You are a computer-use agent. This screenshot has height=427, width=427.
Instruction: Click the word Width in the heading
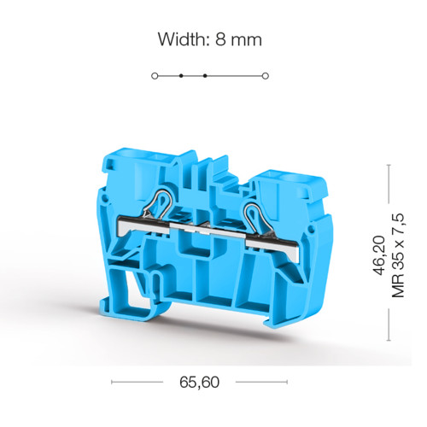coord(180,39)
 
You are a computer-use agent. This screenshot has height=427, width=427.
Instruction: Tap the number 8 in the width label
coord(220,39)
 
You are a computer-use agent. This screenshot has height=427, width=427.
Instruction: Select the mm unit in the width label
coord(246,41)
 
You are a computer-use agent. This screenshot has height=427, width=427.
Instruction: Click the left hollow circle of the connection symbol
coord(155,76)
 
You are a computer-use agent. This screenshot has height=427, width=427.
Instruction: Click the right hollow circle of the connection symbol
coord(266,76)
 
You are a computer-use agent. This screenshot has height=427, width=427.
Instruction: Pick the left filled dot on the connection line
coord(181,76)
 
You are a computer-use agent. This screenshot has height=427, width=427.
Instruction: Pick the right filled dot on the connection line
coord(205,76)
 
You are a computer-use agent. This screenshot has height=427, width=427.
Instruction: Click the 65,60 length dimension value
coord(199,382)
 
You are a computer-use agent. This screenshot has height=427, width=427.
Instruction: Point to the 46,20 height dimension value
coord(379,255)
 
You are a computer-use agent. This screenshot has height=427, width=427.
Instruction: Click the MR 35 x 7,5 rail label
coord(398,255)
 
